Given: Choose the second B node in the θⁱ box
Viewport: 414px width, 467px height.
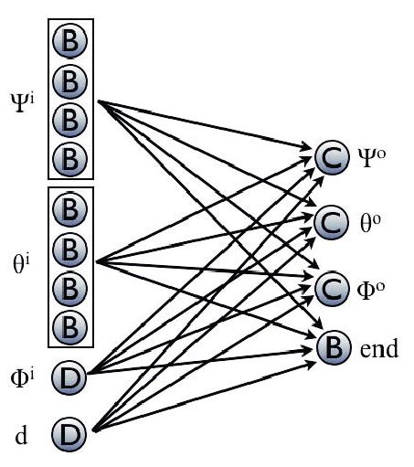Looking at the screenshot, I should [x=70, y=248].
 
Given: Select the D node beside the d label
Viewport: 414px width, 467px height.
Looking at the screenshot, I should [x=70, y=432].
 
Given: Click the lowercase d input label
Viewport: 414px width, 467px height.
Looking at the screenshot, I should [x=21, y=431].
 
